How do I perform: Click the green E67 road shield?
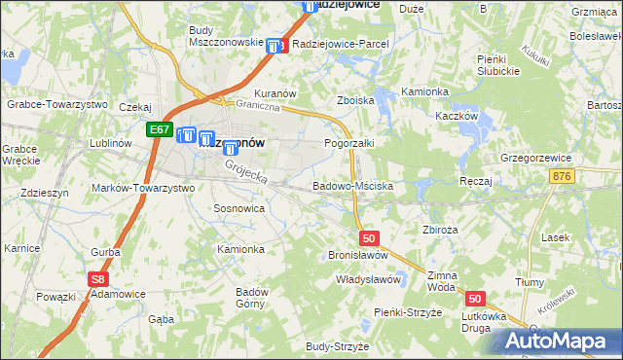pos(160,128)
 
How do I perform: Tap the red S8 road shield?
pos(96,279)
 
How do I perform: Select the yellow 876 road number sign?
pos(588,176)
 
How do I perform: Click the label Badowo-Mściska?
pos(351,185)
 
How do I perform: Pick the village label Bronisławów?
pos(358,255)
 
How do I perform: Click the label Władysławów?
pos(368,279)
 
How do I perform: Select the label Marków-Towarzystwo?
pos(142,188)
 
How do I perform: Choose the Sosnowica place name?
pos(238,208)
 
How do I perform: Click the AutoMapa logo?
pos(558,342)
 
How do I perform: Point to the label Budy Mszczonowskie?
pos(226,36)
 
